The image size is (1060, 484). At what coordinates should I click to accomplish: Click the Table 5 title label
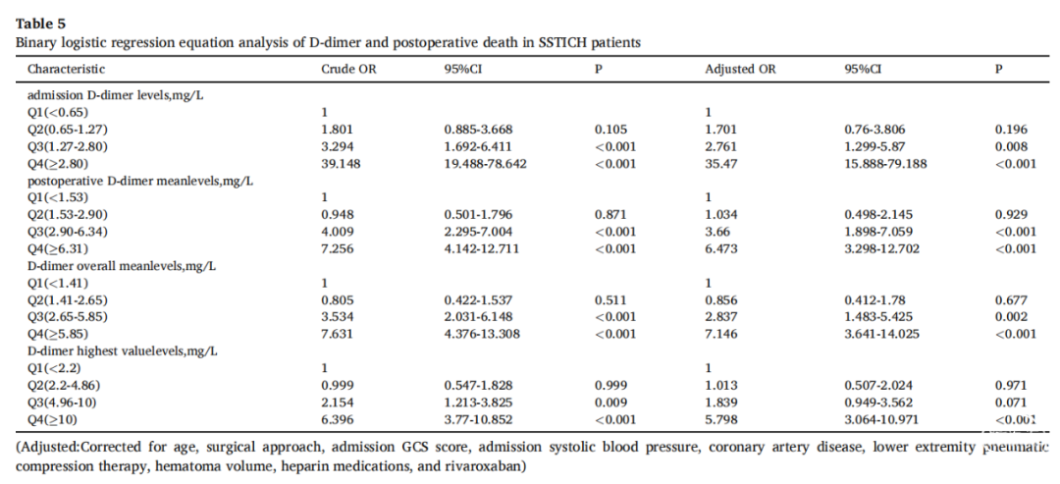click(40, 25)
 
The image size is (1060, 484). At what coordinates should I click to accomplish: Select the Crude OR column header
click(348, 69)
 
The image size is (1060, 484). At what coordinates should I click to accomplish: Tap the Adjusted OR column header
click(740, 69)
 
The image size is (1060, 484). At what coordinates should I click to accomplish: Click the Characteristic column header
click(67, 69)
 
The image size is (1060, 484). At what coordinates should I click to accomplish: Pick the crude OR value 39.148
click(341, 164)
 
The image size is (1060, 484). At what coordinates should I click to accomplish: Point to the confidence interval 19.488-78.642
click(486, 164)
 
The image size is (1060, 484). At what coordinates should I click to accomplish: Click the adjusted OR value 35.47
click(721, 164)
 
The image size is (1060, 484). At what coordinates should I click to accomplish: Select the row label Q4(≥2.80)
click(58, 164)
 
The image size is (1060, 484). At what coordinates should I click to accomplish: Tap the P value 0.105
click(610, 130)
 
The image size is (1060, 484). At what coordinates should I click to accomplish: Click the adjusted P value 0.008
click(1011, 146)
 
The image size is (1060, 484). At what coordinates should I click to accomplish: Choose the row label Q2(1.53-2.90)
click(67, 215)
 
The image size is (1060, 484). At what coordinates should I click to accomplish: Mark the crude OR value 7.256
click(338, 248)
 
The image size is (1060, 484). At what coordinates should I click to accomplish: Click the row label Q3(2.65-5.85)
click(67, 317)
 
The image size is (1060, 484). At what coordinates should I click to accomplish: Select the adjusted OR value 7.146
click(721, 334)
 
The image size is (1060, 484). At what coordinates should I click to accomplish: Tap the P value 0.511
click(610, 300)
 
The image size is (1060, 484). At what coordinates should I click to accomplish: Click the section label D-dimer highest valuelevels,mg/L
click(123, 351)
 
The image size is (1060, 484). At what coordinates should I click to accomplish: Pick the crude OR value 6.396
click(338, 420)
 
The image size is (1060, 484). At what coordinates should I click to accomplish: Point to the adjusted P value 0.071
click(1011, 403)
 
